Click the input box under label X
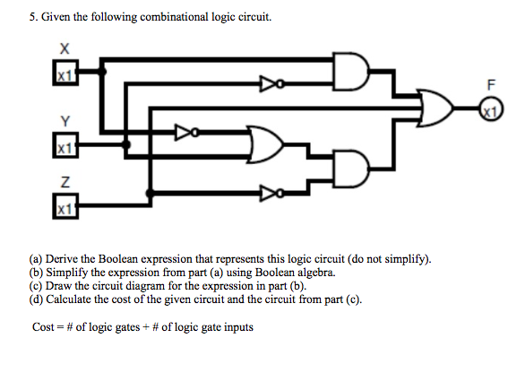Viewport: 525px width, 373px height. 65,73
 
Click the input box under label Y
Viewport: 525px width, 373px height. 65,144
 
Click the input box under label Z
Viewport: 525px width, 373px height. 65,206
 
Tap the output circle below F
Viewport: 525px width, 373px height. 491,109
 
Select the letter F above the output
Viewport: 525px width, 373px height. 491,85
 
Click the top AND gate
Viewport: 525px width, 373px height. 351,71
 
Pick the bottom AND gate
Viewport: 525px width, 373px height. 351,169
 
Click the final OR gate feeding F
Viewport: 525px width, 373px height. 436,108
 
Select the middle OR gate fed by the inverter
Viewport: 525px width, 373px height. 265,144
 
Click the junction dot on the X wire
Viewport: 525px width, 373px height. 102,72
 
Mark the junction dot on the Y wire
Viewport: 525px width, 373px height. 126,144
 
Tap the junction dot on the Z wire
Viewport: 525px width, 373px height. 150,193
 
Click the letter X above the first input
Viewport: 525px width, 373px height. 65,49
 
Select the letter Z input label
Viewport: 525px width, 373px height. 65,182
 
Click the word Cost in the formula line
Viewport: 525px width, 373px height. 43,326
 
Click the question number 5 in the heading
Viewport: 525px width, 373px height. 32,17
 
